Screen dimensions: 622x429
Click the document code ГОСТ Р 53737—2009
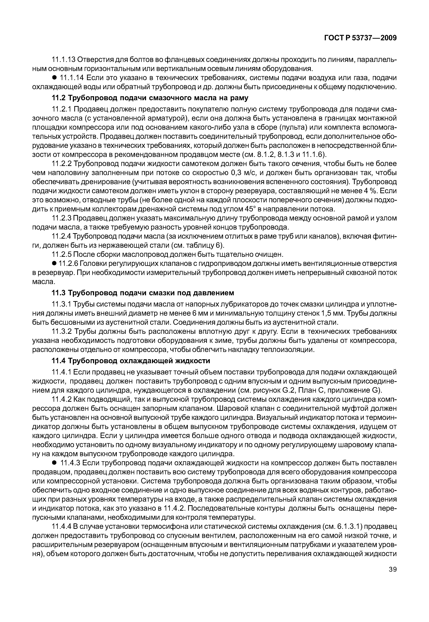click(360, 38)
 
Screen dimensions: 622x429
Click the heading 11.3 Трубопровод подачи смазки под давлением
click(142, 293)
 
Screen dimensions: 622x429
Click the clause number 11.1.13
click(64, 59)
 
